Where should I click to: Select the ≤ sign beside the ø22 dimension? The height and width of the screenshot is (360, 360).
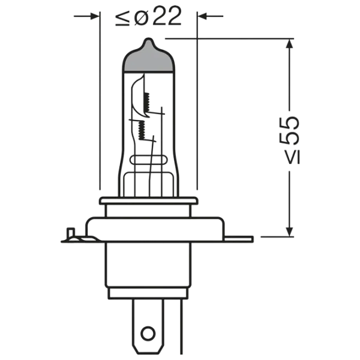122,19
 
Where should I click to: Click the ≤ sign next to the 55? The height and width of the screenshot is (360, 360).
293,157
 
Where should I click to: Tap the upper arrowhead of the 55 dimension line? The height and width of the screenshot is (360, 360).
290,43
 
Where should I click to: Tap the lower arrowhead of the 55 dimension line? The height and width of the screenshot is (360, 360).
290,232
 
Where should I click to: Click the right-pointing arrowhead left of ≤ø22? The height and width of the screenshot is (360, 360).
95,16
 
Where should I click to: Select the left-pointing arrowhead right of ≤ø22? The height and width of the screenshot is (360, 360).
202,16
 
